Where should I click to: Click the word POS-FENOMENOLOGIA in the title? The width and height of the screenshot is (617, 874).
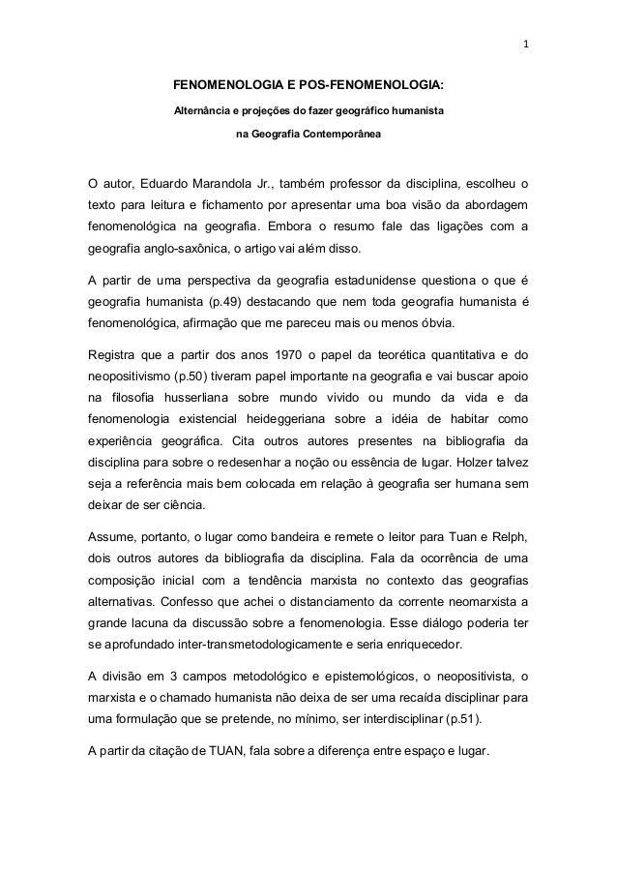coord(379,85)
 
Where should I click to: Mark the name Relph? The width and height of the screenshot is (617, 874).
coord(506,533)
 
